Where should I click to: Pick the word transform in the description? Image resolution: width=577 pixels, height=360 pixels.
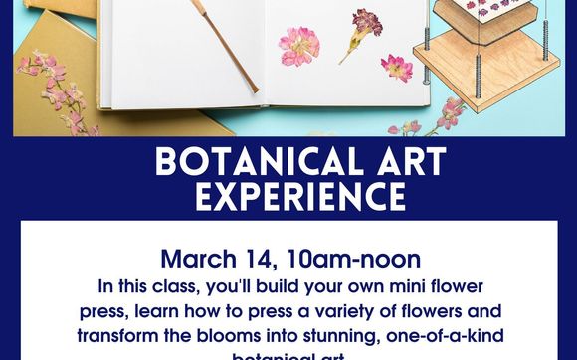pos(120,334)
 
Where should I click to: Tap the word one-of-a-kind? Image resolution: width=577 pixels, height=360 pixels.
pos(439,334)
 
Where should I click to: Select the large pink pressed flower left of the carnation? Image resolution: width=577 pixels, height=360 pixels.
pos(297,46)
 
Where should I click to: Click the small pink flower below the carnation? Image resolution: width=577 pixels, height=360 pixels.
pos(397,67)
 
